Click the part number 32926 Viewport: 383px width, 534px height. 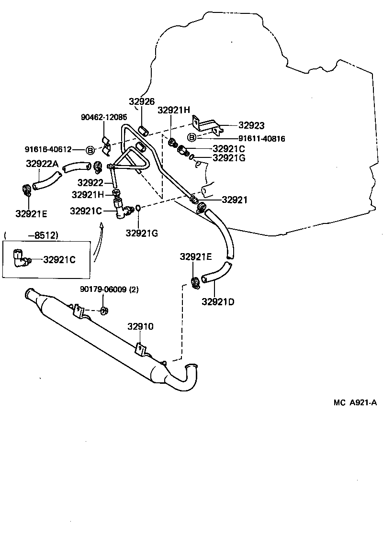click(142, 101)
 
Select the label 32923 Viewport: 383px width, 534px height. click(252, 125)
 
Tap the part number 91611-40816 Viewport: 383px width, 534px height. click(261, 139)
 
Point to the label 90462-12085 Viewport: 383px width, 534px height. click(103, 117)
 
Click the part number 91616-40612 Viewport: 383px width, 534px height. click(48, 150)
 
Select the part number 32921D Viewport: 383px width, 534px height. click(218, 301)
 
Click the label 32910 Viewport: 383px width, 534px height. click(140, 327)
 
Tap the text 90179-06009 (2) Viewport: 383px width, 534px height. click(109, 289)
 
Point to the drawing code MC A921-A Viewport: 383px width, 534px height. click(355, 402)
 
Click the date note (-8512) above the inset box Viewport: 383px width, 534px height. click(31, 235)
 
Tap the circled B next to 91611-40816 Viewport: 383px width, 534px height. click(191, 138)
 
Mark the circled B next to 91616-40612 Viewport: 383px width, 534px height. click(90, 150)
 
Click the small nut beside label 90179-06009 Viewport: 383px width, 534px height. click(104, 311)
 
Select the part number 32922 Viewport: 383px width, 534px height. click(90, 182)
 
